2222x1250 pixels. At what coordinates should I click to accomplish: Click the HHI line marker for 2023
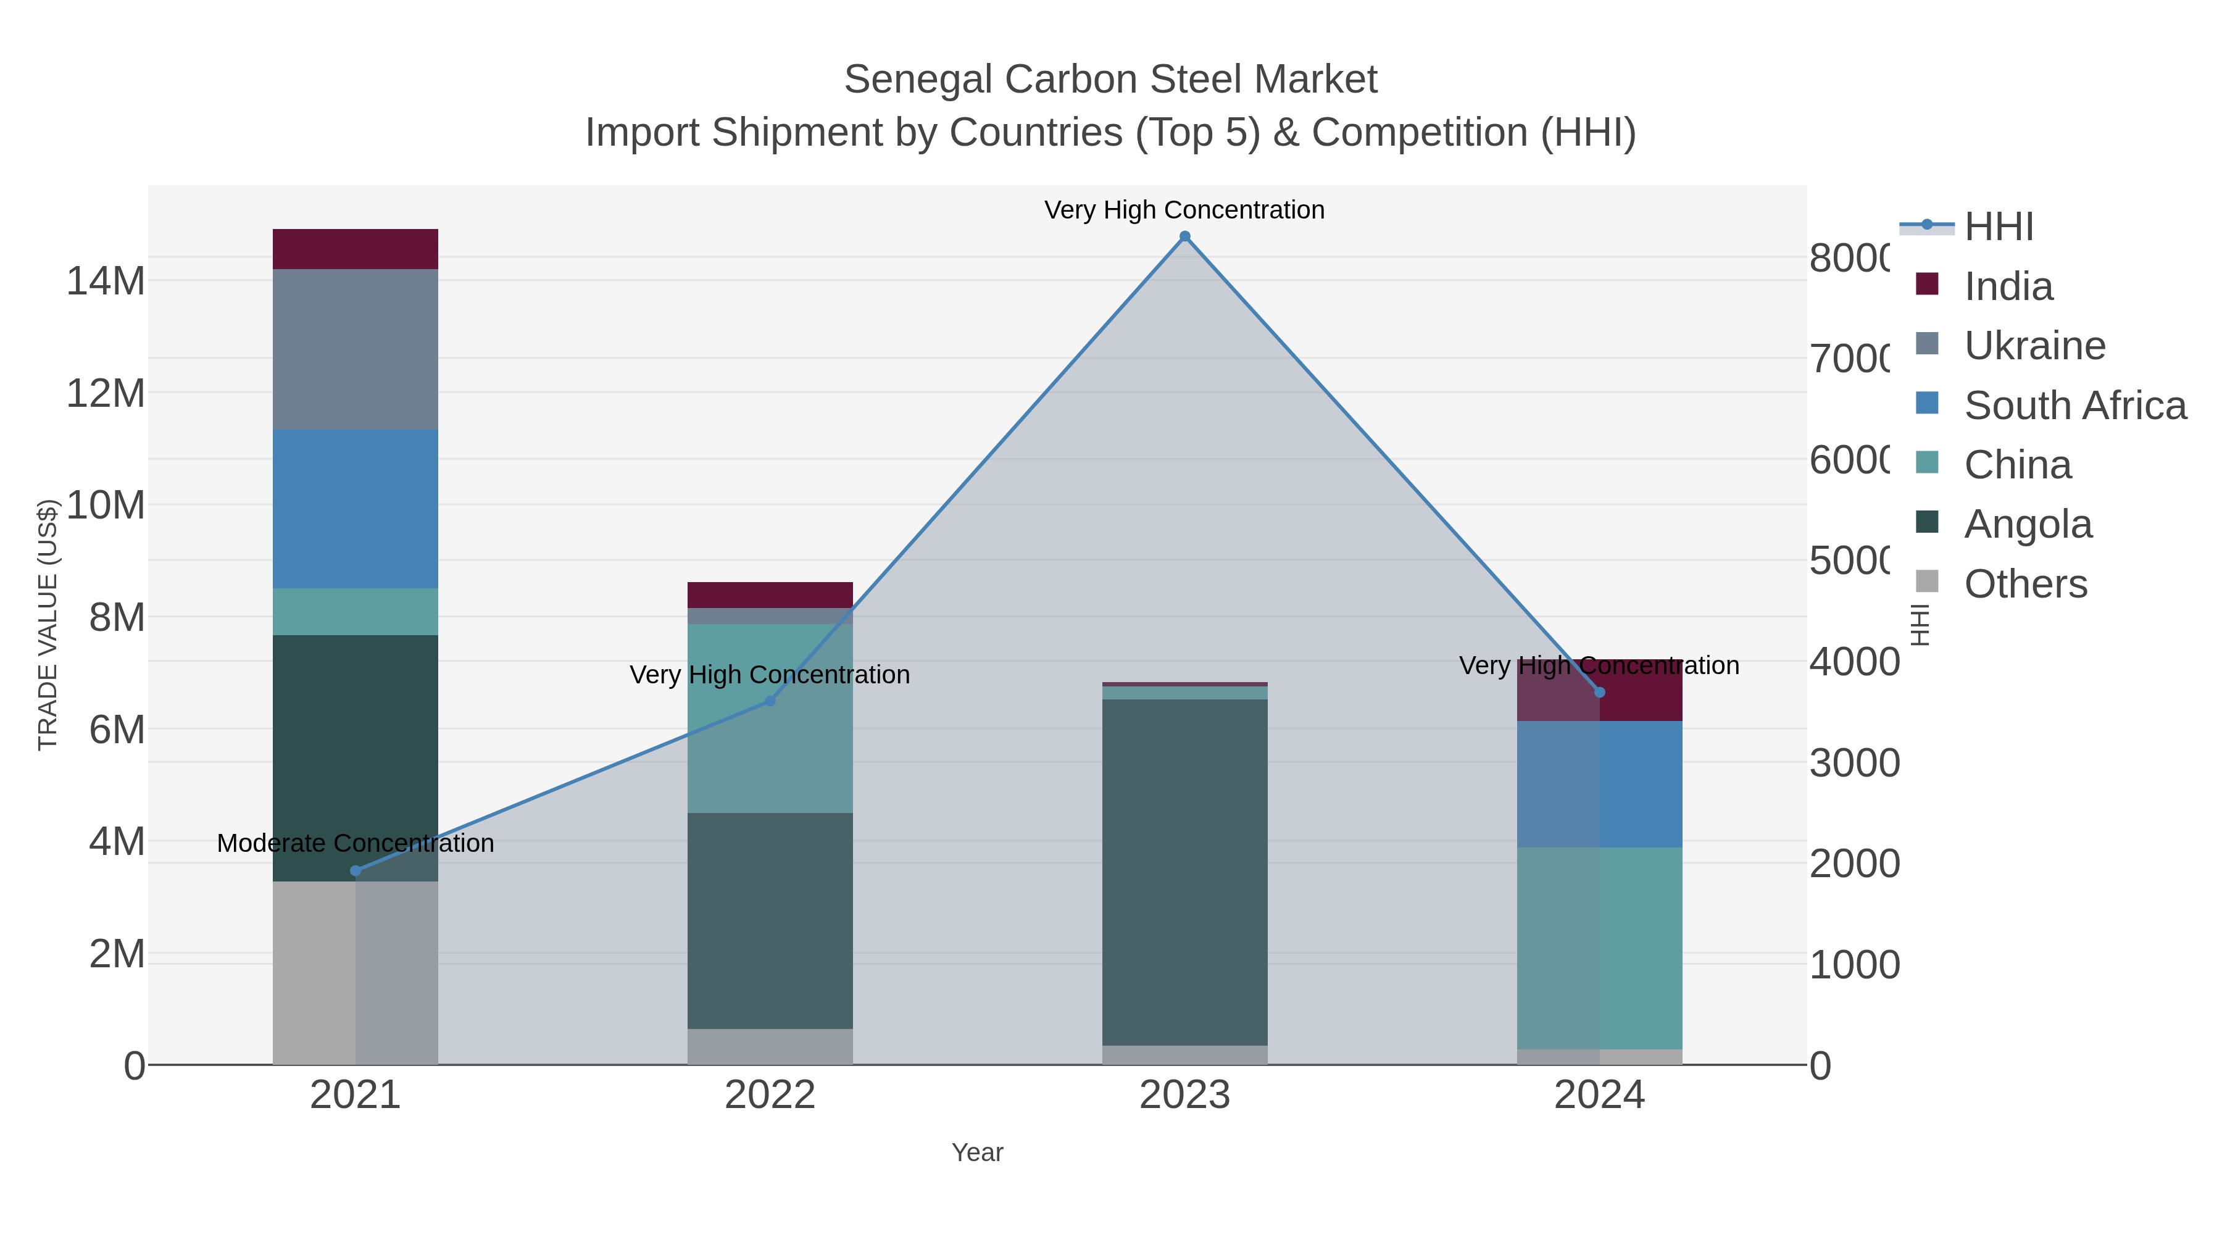pyautogui.click(x=1184, y=236)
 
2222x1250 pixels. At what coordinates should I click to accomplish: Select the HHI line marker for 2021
pyautogui.click(x=356, y=870)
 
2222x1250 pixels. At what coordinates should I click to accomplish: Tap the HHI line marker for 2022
pyautogui.click(x=770, y=701)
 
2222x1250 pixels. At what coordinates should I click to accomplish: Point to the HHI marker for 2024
pyautogui.click(x=1599, y=692)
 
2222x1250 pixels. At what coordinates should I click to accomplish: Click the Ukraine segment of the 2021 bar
pyautogui.click(x=356, y=349)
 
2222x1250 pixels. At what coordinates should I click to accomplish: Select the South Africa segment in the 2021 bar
pyautogui.click(x=356, y=509)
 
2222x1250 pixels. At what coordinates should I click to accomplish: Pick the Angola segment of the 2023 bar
pyautogui.click(x=1184, y=871)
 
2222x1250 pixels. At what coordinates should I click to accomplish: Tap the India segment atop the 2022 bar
pyautogui.click(x=770, y=594)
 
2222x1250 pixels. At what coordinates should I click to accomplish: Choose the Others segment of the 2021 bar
pyautogui.click(x=356, y=972)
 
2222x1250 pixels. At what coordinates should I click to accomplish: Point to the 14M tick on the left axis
pyautogui.click(x=105, y=281)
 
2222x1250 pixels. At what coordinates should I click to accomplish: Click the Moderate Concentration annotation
pyautogui.click(x=356, y=843)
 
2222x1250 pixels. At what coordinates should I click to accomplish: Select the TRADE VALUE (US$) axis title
pyautogui.click(x=48, y=625)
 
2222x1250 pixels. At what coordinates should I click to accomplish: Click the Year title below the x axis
pyautogui.click(x=976, y=1152)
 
